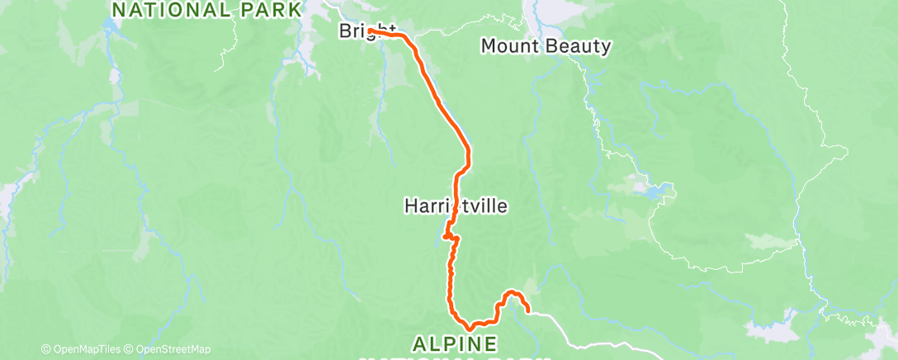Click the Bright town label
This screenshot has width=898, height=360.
click(362, 31)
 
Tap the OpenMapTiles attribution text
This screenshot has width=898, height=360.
click(83, 349)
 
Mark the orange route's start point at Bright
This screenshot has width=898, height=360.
click(371, 31)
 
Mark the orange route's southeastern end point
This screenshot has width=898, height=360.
click(527, 313)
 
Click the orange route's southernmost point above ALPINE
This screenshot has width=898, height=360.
click(469, 328)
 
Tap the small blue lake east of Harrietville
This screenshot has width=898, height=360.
click(656, 194)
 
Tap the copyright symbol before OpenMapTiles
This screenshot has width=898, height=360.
click(45, 349)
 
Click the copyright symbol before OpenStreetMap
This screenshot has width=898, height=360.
click(130, 349)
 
